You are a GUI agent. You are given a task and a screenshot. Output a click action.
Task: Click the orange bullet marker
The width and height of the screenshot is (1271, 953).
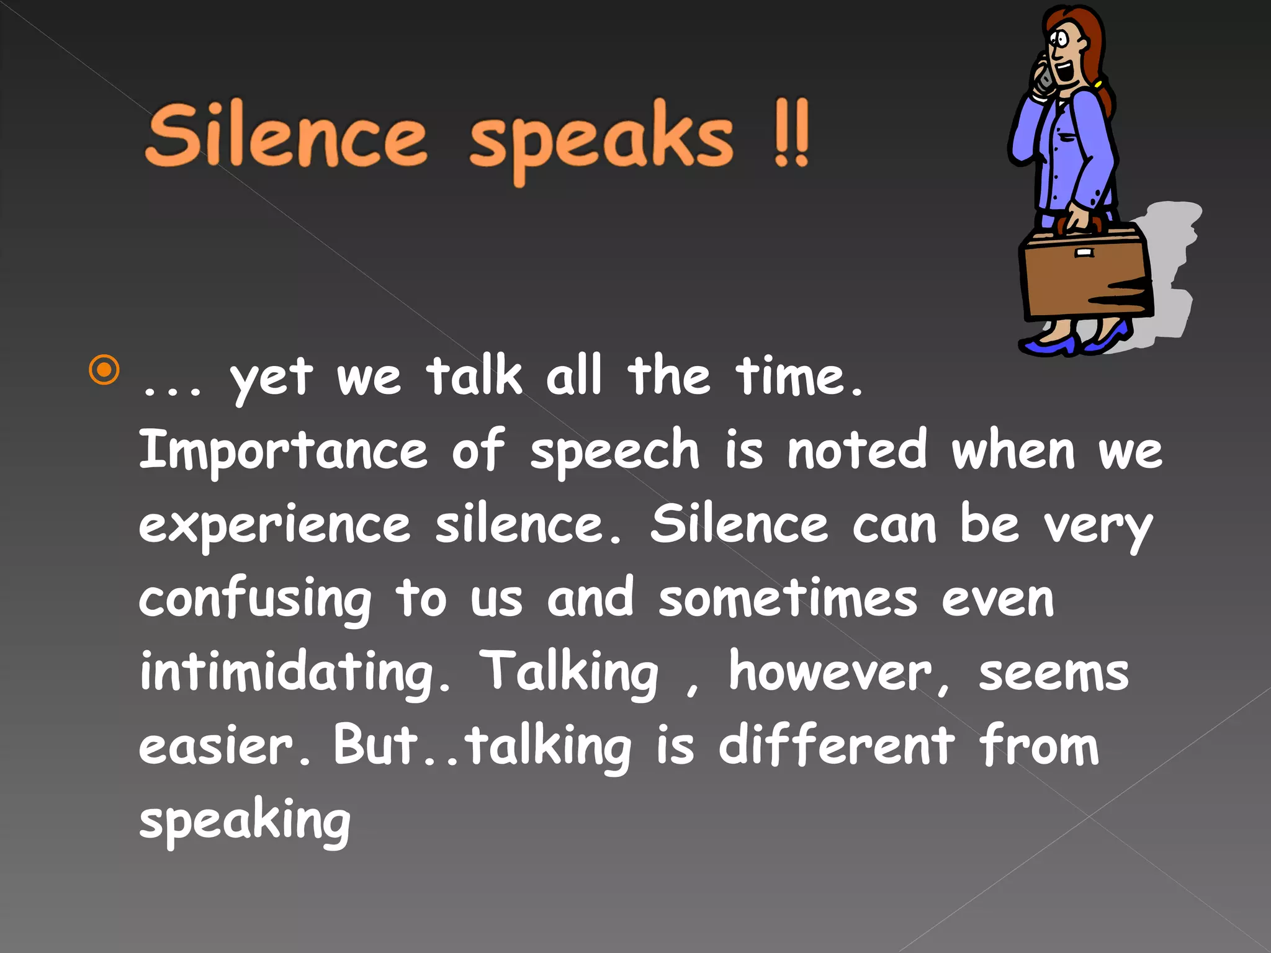104,370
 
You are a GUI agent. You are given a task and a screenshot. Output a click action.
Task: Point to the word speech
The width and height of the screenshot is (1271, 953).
614,452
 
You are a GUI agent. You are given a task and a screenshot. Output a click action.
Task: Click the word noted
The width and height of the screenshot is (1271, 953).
857,449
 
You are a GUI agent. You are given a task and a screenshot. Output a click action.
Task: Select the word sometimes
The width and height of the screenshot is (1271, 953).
788,598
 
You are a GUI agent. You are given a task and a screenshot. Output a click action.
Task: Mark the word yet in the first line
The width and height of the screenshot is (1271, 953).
271,378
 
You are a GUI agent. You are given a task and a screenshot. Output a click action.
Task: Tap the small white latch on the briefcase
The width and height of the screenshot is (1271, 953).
1084,253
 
